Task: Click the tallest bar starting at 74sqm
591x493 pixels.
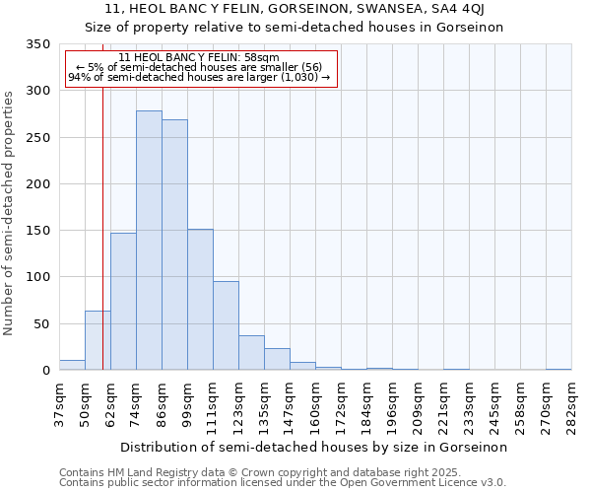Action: [149, 241]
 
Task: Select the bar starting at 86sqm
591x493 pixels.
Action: [174, 245]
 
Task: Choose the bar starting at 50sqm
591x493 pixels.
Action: [98, 340]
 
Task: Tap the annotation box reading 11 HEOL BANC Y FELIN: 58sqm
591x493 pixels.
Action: [201, 68]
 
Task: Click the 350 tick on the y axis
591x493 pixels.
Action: [37, 44]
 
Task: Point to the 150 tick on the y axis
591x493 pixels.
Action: [37, 231]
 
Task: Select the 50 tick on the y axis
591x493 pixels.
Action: [41, 323]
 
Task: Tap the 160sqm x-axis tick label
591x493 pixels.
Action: [315, 404]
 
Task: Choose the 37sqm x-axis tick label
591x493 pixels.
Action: [59, 404]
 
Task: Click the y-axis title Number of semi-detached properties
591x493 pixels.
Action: [10, 212]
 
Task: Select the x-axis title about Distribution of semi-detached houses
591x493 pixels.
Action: [314, 447]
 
